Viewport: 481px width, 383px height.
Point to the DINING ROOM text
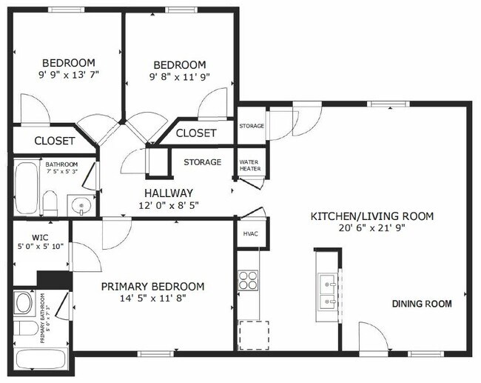pyautogui.click(x=421, y=304)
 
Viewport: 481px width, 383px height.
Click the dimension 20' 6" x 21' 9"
pyautogui.click(x=371, y=229)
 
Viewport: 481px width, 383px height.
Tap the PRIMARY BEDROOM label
pyautogui.click(x=152, y=287)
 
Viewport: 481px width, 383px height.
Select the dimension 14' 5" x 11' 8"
pyautogui.click(x=152, y=300)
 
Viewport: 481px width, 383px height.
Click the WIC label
pyautogui.click(x=40, y=238)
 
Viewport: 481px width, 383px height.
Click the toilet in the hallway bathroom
pyautogui.click(x=50, y=201)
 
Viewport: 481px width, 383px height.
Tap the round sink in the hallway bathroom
pyautogui.click(x=79, y=204)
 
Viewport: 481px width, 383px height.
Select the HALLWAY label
pyautogui.click(x=168, y=192)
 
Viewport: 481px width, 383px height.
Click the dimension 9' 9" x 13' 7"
pyautogui.click(x=69, y=75)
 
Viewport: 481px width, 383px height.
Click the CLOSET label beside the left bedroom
pyautogui.click(x=54, y=140)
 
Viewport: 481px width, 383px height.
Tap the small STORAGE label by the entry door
pyautogui.click(x=251, y=126)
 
